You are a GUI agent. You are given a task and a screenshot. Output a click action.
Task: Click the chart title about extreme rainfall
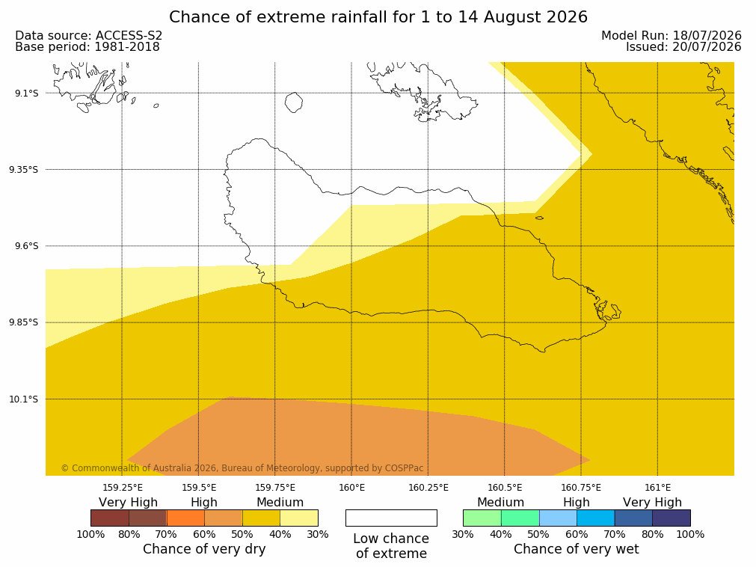378,17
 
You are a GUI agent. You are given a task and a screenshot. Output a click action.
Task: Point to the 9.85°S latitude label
24,322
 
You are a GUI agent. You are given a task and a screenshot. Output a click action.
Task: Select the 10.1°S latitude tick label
24,399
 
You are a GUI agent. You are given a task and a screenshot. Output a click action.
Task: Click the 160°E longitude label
351,488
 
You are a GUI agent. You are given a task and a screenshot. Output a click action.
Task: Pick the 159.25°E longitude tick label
123,488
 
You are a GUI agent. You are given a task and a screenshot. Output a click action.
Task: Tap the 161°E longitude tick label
657,488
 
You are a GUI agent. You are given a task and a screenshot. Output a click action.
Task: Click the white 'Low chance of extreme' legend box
392,518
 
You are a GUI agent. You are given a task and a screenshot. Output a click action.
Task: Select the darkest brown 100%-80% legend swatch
110,518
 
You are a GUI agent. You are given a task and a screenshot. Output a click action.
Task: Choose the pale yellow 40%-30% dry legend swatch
299,518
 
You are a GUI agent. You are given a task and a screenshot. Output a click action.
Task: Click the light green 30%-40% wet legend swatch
482,518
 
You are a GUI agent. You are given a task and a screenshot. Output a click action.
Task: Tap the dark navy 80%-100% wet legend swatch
672,518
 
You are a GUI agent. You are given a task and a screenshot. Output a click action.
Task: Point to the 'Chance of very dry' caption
204,549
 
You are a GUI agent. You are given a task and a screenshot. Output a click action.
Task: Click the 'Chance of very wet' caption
577,549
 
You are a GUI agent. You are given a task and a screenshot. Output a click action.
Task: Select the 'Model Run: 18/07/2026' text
672,35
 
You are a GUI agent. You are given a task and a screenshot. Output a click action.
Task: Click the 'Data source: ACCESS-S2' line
89,35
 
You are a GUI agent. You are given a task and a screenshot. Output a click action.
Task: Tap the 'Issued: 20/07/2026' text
683,47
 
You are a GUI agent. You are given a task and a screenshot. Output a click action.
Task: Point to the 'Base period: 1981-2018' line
87,47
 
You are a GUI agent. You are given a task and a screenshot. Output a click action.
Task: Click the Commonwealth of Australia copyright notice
242,468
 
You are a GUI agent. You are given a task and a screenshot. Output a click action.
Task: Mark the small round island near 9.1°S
294,102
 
